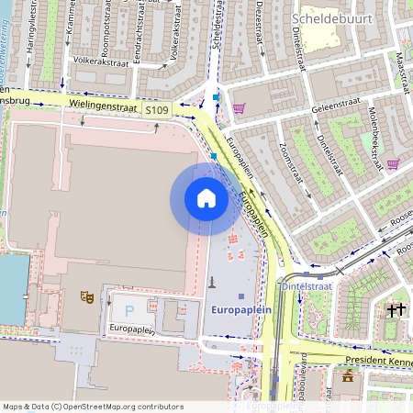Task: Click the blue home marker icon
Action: [x=206, y=198]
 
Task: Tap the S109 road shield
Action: [x=157, y=110]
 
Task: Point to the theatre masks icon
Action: [x=86, y=296]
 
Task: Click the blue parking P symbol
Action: [x=128, y=311]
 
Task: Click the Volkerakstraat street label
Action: [x=101, y=63]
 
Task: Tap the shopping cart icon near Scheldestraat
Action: [x=240, y=109]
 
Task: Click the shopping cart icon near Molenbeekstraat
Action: [x=393, y=165]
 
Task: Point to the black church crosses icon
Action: [x=396, y=310]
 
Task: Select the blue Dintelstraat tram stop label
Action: [x=306, y=286]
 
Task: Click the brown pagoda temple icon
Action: [x=348, y=375]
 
